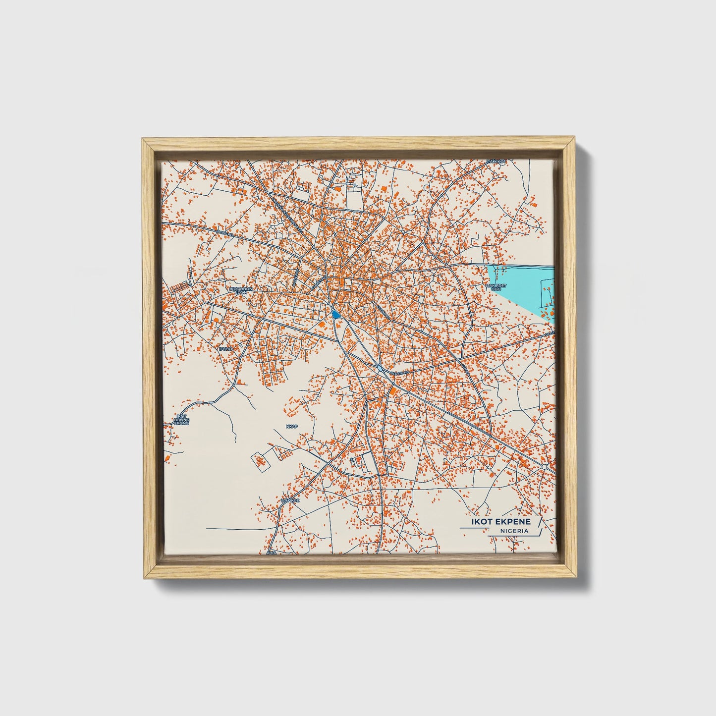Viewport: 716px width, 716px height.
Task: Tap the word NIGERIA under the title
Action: click(x=514, y=531)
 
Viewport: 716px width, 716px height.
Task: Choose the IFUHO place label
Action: click(x=225, y=349)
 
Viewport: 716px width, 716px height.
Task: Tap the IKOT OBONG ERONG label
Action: click(x=182, y=420)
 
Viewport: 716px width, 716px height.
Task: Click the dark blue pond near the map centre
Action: click(x=336, y=314)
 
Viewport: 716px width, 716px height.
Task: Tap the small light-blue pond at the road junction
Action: click(x=379, y=368)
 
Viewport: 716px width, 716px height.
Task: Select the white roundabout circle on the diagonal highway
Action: click(x=544, y=467)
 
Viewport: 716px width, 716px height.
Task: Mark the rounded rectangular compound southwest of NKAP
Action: click(x=260, y=461)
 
